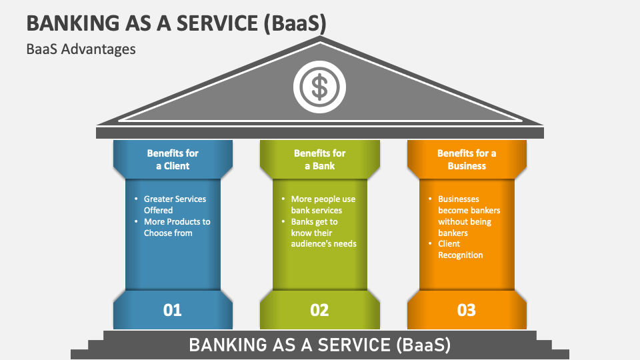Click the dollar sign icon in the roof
[320, 86]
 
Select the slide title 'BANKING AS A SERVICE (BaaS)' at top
[176, 23]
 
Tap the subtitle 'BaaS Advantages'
[81, 49]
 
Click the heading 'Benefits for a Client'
[173, 159]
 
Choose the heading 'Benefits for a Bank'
[320, 159]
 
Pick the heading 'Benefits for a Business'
[467, 159]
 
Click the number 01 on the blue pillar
[173, 309]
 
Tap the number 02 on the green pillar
[320, 309]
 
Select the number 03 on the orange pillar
[467, 309]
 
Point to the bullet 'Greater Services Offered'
[175, 205]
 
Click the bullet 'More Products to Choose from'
[177, 227]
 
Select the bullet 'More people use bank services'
[323, 205]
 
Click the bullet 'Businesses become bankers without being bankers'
[469, 216]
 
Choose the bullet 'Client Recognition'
[460, 250]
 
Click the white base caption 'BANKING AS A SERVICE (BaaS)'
[320, 345]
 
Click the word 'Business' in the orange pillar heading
[467, 166]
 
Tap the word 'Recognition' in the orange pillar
[461, 255]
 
